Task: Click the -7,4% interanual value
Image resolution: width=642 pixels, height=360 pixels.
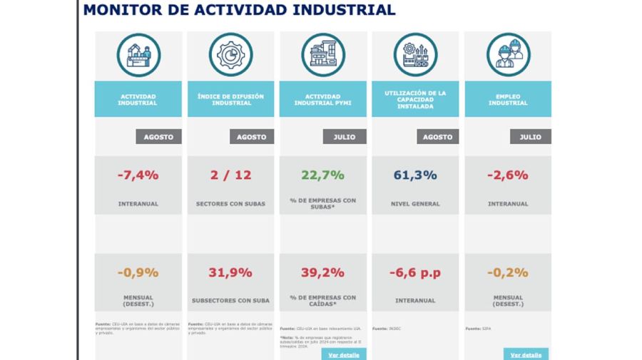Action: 138,175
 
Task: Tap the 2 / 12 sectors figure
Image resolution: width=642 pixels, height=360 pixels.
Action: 230,175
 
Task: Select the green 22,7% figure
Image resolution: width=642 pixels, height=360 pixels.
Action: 322,175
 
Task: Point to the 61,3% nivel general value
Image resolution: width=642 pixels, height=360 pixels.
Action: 415,175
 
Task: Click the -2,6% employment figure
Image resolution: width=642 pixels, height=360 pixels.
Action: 508,175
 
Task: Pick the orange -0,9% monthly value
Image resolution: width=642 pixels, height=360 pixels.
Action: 138,272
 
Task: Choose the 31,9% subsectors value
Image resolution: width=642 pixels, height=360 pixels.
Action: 230,272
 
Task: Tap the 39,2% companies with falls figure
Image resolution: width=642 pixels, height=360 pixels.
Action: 322,272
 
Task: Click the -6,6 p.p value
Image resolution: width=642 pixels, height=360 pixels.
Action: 415,272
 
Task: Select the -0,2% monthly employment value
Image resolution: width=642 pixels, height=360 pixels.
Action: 508,272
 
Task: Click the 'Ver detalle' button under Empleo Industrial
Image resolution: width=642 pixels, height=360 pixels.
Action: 526,354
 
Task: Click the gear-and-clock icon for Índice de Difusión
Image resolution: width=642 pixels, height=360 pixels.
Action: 230,55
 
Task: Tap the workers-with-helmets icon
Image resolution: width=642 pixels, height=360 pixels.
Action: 508,55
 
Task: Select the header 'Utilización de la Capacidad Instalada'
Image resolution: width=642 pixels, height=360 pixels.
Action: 415,99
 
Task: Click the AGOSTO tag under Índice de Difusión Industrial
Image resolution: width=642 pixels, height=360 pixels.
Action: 251,137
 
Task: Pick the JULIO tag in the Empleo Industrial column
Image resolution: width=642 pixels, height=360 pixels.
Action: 529,137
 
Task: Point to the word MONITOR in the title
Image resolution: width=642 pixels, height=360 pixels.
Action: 120,10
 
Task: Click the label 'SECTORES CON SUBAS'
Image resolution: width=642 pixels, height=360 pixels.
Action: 230,204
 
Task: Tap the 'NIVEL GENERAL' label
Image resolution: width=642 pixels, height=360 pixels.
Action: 415,204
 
